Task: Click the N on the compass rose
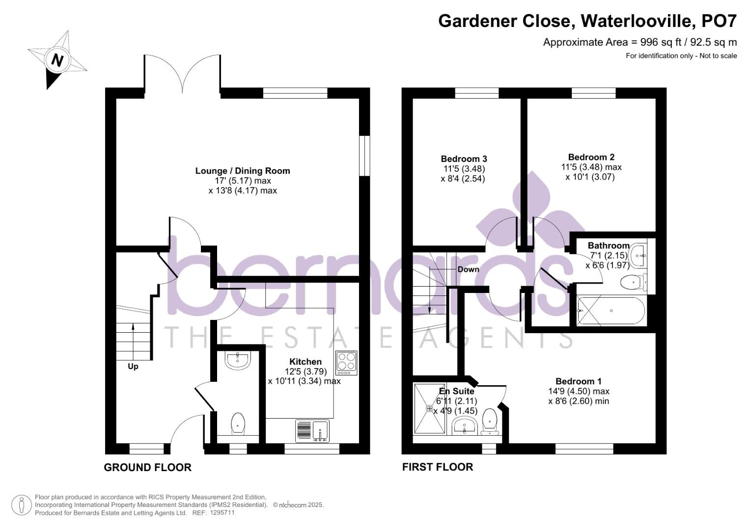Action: point(57,60)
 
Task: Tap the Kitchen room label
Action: point(306,362)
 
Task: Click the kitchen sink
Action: point(312,431)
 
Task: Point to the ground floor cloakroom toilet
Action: point(238,423)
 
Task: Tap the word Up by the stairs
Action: point(133,367)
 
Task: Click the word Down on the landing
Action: point(468,269)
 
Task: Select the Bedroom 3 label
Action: point(463,159)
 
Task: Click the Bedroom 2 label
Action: point(591,157)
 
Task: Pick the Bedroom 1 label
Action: point(579,381)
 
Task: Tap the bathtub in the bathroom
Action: point(611,311)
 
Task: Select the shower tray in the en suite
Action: point(430,408)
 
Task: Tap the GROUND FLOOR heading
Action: point(148,467)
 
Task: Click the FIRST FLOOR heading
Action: point(438,467)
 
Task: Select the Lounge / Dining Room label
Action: point(243,171)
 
